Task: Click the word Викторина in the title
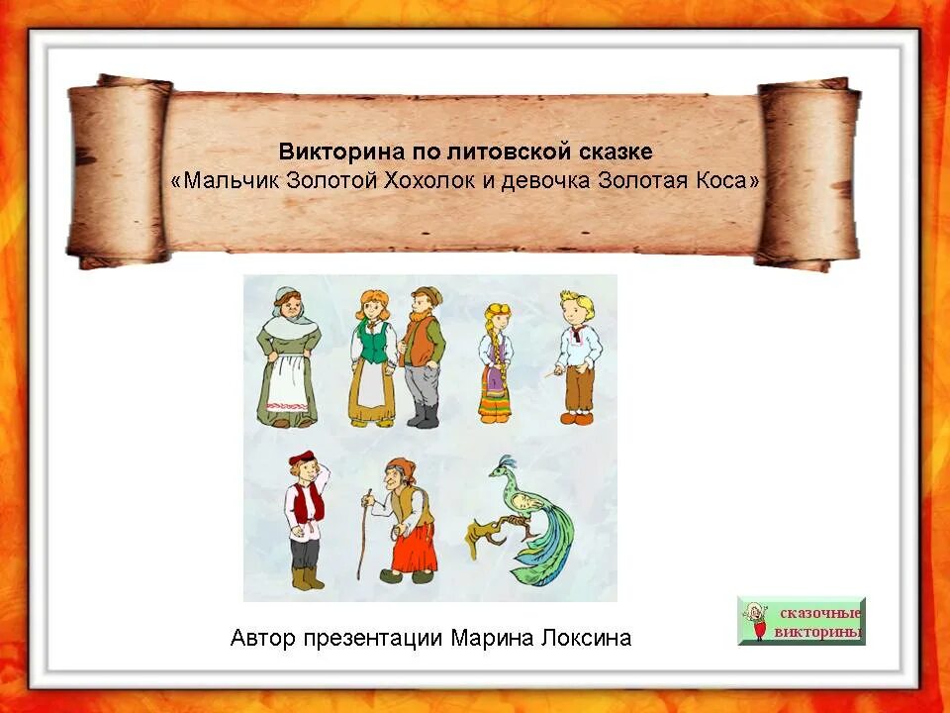click(329, 153)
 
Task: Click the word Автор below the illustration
click(262, 638)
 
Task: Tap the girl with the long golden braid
click(495, 361)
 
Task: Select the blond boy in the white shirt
click(576, 356)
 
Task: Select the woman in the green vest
click(372, 356)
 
